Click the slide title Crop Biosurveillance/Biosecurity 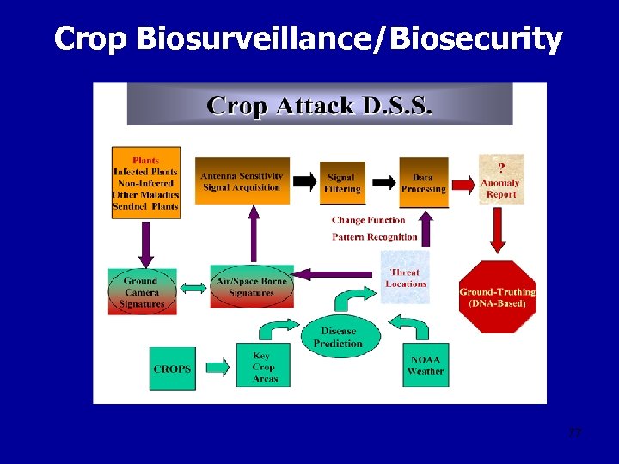[x=308, y=39]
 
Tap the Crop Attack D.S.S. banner [x=320, y=105]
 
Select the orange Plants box [x=145, y=182]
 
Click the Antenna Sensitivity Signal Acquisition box [x=242, y=181]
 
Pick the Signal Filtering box [x=341, y=183]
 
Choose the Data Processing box [x=423, y=183]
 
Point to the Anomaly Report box [x=500, y=179]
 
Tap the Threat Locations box [x=405, y=278]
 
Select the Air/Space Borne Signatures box [x=251, y=287]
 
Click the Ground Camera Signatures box [x=142, y=291]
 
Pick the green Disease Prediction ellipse [x=338, y=337]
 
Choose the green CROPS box [x=172, y=369]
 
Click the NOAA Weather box [x=425, y=365]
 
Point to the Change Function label [x=368, y=220]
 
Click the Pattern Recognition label [x=374, y=237]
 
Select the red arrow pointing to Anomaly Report [x=463, y=182]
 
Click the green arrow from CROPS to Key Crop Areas [x=218, y=369]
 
